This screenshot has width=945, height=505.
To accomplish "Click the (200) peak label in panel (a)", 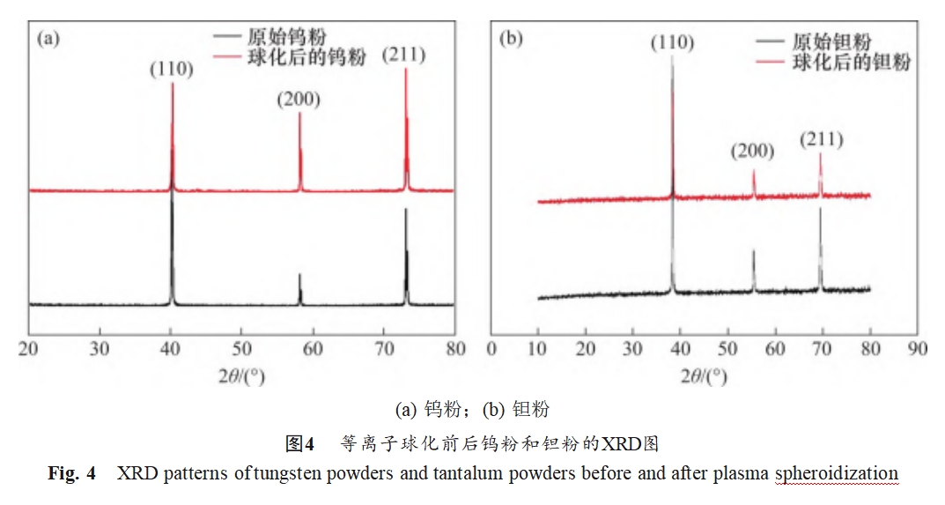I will coord(299,99).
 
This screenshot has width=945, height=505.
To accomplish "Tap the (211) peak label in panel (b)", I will coord(821,139).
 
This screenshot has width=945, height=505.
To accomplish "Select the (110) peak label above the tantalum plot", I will coord(672,42).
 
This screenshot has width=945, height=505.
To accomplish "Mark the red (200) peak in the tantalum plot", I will coord(754,174).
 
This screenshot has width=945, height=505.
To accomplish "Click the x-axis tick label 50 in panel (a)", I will coord(241,348).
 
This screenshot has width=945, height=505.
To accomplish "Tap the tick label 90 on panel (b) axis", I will coord(917,348).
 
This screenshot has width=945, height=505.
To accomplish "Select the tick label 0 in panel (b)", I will coord(491,348).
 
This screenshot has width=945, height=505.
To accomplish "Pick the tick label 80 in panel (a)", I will coord(454,348).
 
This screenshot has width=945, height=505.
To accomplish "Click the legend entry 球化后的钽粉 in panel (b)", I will coord(851,62).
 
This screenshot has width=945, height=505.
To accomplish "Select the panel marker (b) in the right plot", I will coord(511,39).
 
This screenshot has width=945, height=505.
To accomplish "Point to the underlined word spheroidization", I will coord(837,473).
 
